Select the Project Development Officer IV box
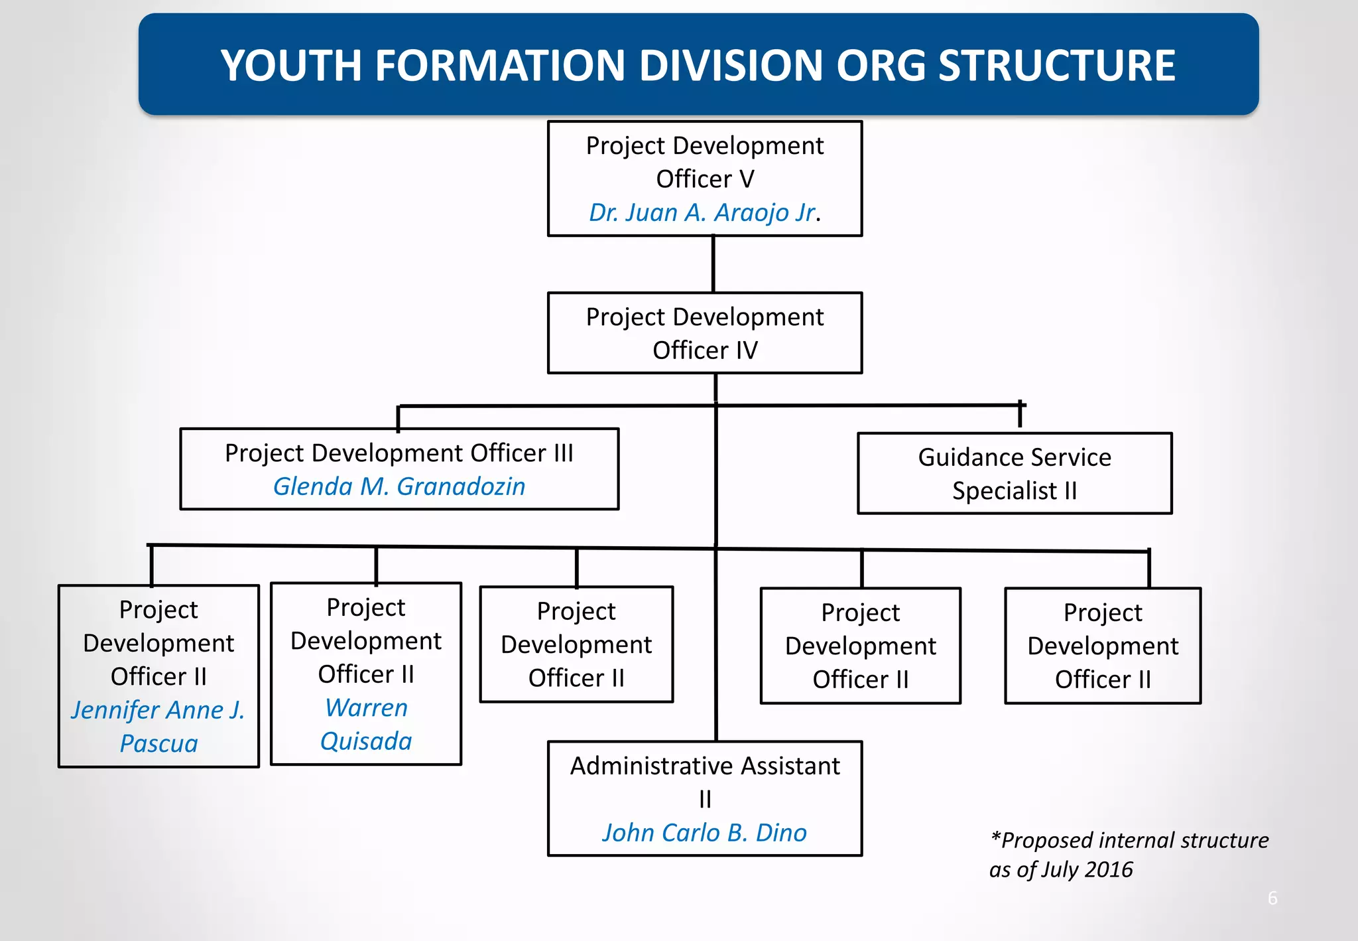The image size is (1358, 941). point(704,333)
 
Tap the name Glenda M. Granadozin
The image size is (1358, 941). point(399,486)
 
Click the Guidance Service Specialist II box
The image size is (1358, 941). point(1014,474)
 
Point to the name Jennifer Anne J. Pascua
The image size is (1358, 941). point(158,727)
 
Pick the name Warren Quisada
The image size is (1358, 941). point(366,724)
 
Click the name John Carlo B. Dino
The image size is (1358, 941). point(704,833)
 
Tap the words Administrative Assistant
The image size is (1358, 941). point(704,766)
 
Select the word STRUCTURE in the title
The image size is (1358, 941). point(1057,66)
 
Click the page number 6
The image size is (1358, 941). point(1272,898)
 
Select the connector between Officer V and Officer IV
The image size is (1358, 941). point(713,264)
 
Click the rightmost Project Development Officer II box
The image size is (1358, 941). point(1102,646)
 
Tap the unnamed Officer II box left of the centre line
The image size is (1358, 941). point(576,644)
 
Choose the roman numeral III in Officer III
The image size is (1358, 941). point(563,453)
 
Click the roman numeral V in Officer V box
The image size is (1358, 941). point(747,179)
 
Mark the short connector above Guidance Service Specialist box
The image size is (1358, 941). point(1020,415)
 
